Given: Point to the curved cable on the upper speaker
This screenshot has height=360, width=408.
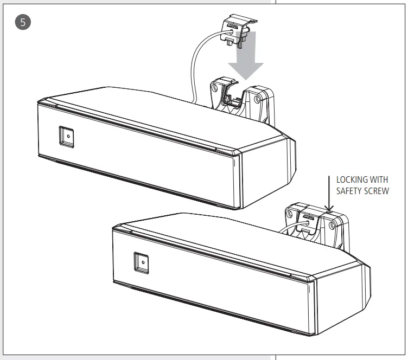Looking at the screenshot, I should coord(195,65).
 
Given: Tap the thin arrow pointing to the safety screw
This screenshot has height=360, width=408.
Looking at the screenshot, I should coord(329,192).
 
